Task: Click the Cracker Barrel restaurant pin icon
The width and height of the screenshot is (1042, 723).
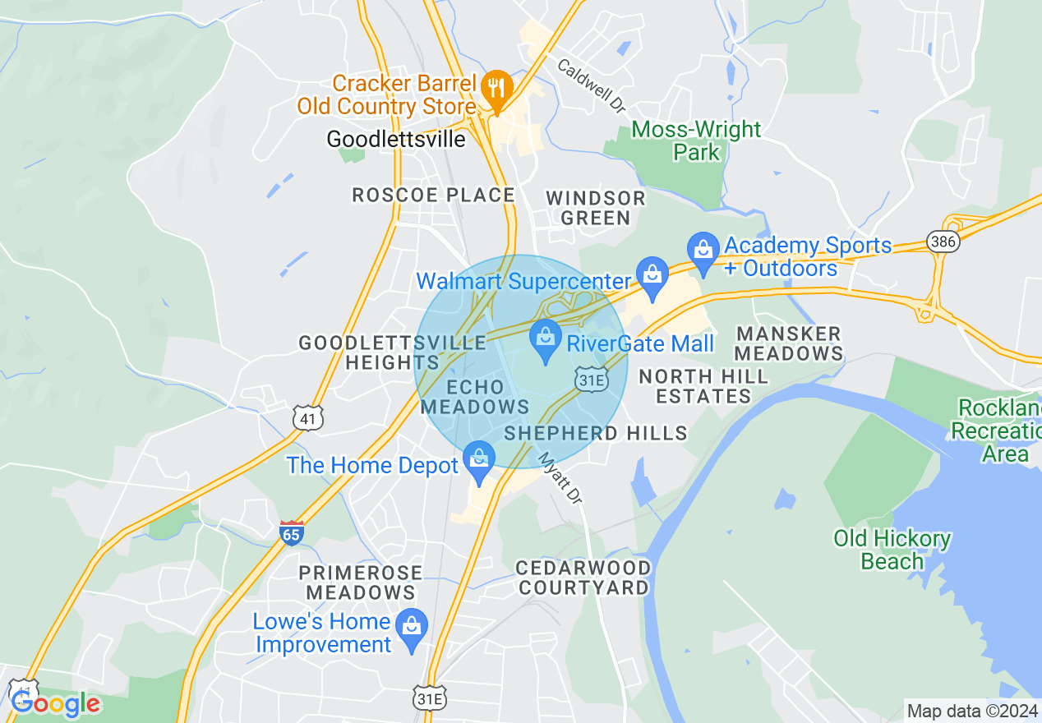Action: coord(496,86)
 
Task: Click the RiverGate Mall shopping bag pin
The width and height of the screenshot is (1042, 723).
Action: coord(545,338)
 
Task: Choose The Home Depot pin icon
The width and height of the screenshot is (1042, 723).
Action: coord(479,459)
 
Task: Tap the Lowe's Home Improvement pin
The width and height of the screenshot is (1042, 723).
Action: coord(413,627)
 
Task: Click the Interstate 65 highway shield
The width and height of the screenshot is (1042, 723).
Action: coord(292,532)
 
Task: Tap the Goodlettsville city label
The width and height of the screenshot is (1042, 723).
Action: coord(396,139)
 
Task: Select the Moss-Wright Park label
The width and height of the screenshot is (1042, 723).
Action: coord(697,140)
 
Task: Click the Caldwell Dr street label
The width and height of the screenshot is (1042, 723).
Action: coord(592,85)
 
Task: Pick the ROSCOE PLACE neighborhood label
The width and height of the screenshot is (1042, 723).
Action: coord(433,195)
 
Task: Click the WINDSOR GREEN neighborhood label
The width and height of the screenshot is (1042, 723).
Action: coord(596,208)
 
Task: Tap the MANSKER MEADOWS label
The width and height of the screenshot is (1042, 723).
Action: coord(789,343)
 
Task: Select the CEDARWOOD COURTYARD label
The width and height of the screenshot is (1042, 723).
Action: coord(583,578)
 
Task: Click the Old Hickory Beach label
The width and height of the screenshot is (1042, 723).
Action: coord(892,550)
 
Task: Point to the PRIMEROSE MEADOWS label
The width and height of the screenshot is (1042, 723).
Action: coord(361,582)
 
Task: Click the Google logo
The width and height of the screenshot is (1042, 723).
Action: coord(55,703)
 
